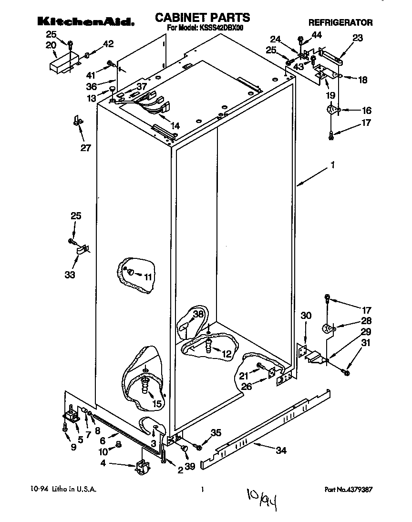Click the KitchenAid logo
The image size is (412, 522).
click(85, 21)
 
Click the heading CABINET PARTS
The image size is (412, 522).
click(202, 18)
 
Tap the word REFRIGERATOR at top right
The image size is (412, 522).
click(340, 22)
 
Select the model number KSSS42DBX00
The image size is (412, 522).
click(219, 28)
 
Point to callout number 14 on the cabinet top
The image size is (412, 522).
click(175, 126)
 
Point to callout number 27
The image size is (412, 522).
click(85, 148)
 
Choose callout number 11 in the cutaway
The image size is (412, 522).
click(148, 276)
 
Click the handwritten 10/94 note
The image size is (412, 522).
click(262, 498)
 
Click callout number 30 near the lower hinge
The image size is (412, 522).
click(306, 315)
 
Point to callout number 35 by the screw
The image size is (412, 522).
click(216, 433)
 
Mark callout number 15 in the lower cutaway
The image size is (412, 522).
click(157, 403)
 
